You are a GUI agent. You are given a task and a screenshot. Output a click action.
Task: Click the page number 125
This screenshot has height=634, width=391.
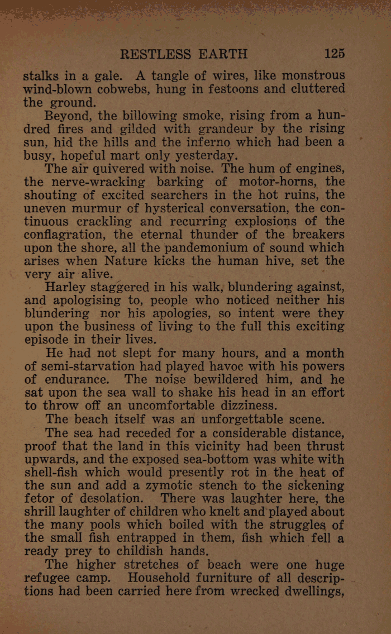click(x=334, y=54)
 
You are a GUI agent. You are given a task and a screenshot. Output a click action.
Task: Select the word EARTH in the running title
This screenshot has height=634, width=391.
click(x=220, y=54)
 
